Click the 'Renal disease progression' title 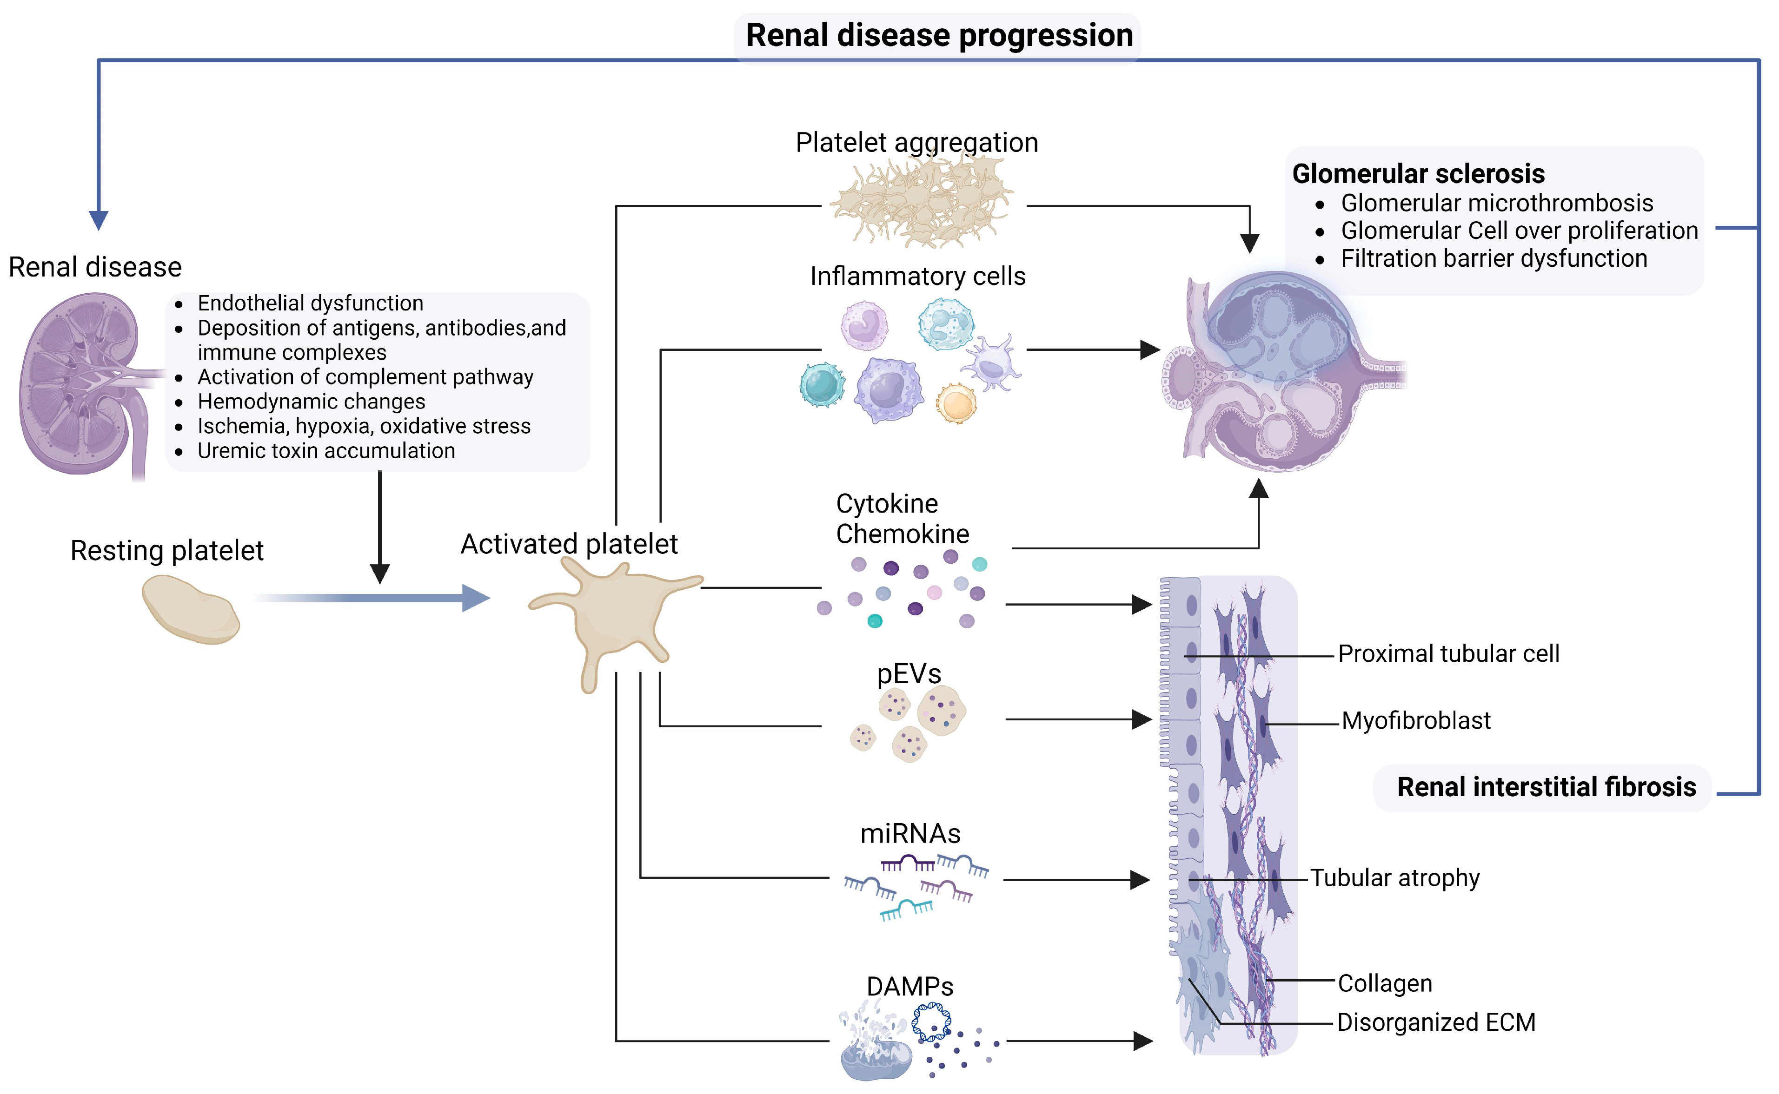(939, 35)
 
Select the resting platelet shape (190, 608)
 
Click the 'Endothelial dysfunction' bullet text (311, 303)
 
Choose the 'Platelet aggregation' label (917, 143)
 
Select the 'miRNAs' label (910, 834)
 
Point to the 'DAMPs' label (910, 986)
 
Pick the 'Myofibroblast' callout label (1416, 721)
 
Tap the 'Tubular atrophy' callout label (1394, 877)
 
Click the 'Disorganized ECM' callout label (1436, 1022)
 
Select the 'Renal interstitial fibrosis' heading (1546, 787)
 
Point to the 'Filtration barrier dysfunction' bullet (1494, 258)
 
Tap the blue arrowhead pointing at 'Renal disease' (99, 220)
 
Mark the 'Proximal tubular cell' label (1448, 653)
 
